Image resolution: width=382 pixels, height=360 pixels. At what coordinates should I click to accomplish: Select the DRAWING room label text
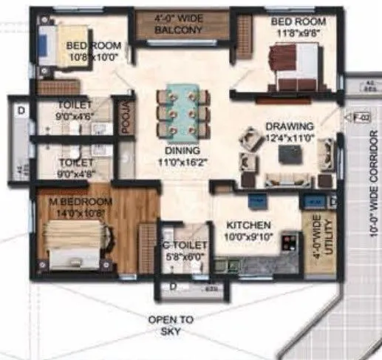289,126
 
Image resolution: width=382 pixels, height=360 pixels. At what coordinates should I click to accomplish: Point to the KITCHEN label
248,224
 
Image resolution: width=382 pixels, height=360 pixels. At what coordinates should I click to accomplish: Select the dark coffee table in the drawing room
288,154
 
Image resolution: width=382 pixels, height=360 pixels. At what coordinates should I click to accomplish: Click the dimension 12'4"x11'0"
290,137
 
